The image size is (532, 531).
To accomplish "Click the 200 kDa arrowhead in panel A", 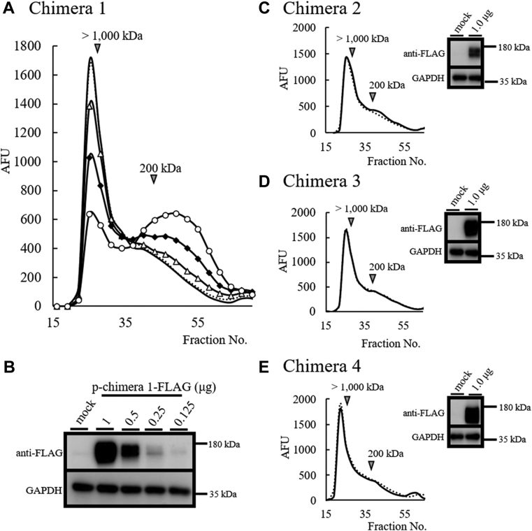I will tap(154, 180).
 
